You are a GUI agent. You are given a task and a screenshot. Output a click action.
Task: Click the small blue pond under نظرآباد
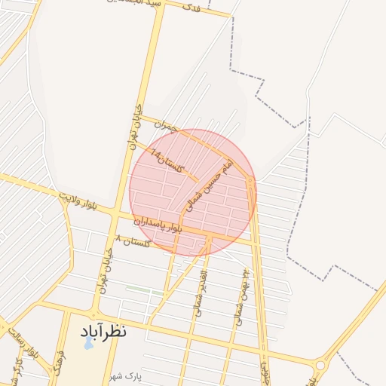88,344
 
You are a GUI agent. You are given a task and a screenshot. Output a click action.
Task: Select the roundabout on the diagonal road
320,365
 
